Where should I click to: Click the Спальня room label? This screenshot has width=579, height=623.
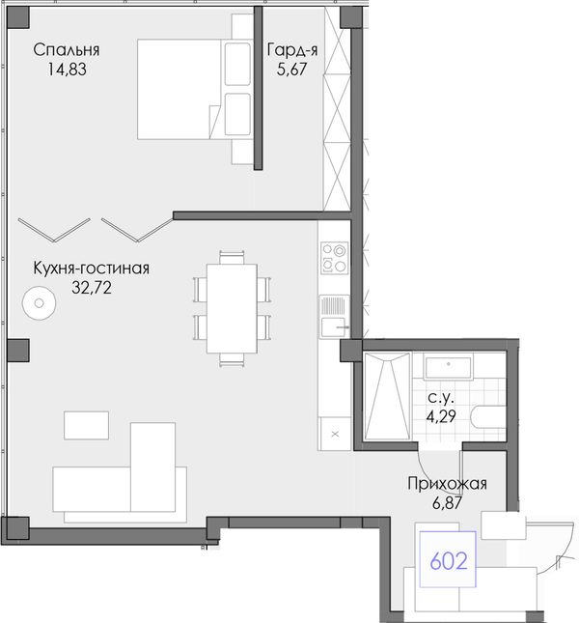(x=67, y=50)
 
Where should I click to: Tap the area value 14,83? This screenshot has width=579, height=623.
(x=67, y=70)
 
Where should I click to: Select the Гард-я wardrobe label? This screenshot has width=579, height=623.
(x=292, y=50)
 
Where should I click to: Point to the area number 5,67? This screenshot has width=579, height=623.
(x=292, y=70)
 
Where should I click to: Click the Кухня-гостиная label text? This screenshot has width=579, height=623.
(x=92, y=269)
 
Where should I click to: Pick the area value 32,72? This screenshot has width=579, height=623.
(x=92, y=287)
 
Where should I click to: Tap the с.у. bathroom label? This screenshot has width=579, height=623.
(x=441, y=397)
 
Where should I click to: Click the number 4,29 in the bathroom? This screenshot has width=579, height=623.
(x=441, y=416)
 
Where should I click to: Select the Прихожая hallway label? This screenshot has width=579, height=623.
(x=447, y=484)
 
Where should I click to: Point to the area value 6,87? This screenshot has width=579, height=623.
(x=447, y=503)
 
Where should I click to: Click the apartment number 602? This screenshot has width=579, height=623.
(x=449, y=561)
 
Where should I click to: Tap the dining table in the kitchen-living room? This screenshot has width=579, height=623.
(x=232, y=308)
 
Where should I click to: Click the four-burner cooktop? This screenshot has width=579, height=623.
(x=335, y=258)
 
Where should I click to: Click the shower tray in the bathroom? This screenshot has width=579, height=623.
(x=387, y=396)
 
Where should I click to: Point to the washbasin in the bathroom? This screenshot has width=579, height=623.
(x=449, y=368)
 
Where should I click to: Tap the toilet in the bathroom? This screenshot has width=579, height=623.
(x=488, y=416)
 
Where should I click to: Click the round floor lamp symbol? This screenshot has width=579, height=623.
(x=39, y=303)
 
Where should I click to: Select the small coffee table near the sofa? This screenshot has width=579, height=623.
(x=86, y=425)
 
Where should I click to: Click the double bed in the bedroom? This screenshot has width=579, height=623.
(x=195, y=89)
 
